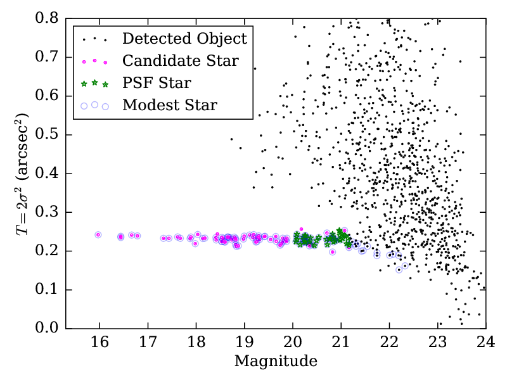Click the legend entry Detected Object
pyautogui.click(x=184, y=39)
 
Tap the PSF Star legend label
pyautogui.click(x=157, y=83)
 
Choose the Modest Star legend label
pyautogui.click(x=169, y=105)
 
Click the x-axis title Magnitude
pyautogui.click(x=276, y=362)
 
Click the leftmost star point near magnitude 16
pyautogui.click(x=98, y=234)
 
